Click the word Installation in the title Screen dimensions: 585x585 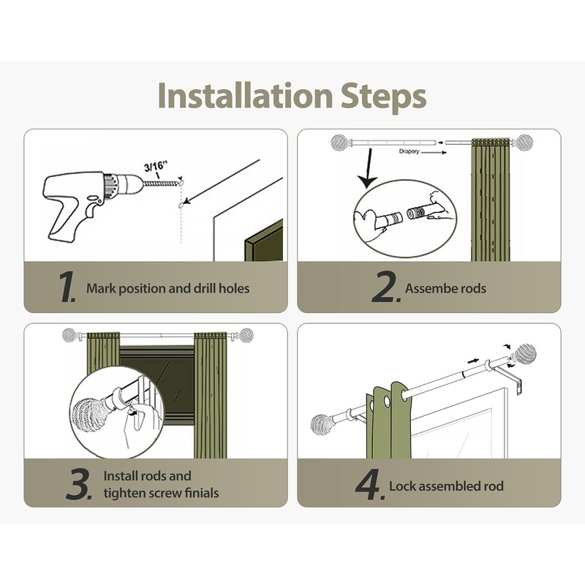(x=245, y=96)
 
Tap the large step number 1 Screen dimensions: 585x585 (x=67, y=287)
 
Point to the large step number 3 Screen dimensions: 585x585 (x=79, y=484)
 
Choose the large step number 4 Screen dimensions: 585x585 (x=370, y=485)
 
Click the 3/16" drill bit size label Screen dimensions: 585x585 (x=156, y=167)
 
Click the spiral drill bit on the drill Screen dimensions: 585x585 (x=160, y=184)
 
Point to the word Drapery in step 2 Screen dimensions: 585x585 (x=409, y=151)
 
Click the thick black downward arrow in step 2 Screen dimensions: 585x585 (x=369, y=168)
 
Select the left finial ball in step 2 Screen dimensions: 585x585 (x=339, y=142)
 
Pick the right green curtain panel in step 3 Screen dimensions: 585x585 (x=211, y=395)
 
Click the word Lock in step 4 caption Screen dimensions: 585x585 (x=401, y=486)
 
